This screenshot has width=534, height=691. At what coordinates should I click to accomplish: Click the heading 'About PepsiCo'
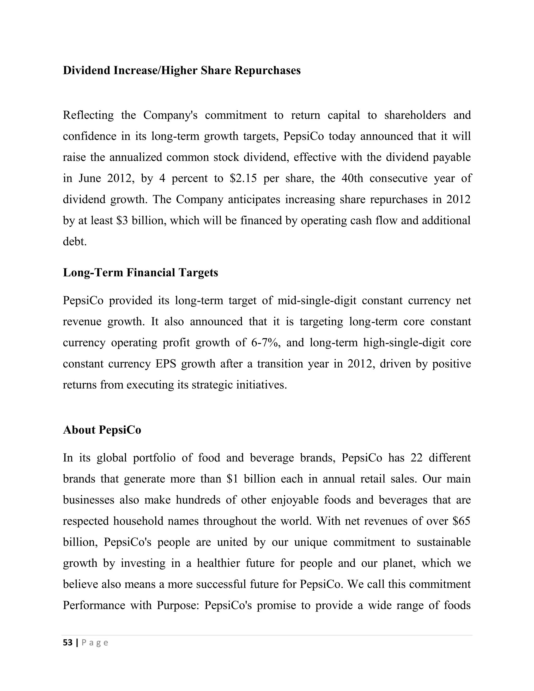[102, 430]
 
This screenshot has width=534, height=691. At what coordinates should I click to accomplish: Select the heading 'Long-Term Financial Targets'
[141, 272]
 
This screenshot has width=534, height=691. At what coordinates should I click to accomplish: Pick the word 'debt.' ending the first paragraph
[75, 242]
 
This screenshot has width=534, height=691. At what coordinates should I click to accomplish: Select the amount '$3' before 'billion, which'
[122, 221]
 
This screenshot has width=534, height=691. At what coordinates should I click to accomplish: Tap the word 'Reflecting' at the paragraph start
[88, 115]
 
